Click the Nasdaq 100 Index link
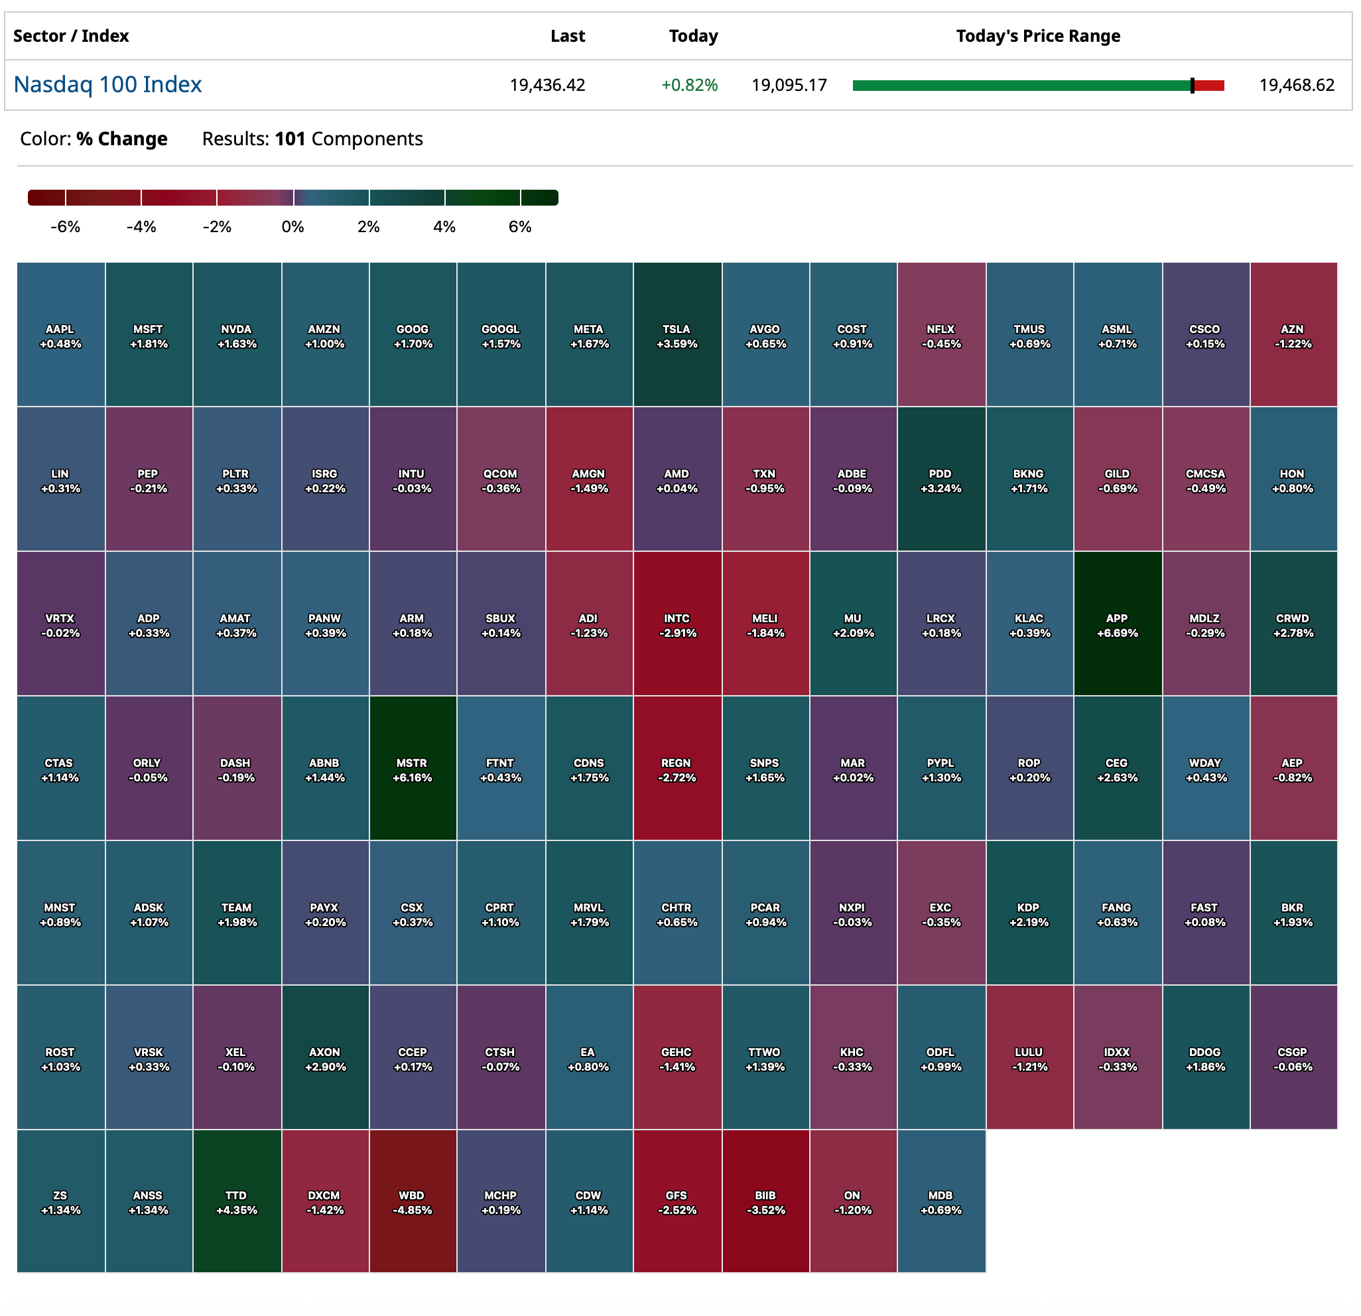(107, 85)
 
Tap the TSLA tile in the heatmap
(677, 335)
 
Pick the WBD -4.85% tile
(413, 1201)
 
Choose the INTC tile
(677, 624)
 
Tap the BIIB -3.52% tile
(765, 1201)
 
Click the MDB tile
(941, 1201)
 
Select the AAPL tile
(60, 335)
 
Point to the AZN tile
(1293, 335)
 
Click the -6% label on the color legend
(65, 227)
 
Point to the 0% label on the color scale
(292, 227)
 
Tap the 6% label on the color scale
(519, 227)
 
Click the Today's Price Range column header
(1037, 36)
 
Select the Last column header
(567, 36)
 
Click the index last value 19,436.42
(547, 86)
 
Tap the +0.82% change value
(689, 86)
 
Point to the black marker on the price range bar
(1193, 86)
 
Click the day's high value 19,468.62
(1297, 86)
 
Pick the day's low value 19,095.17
(789, 86)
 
